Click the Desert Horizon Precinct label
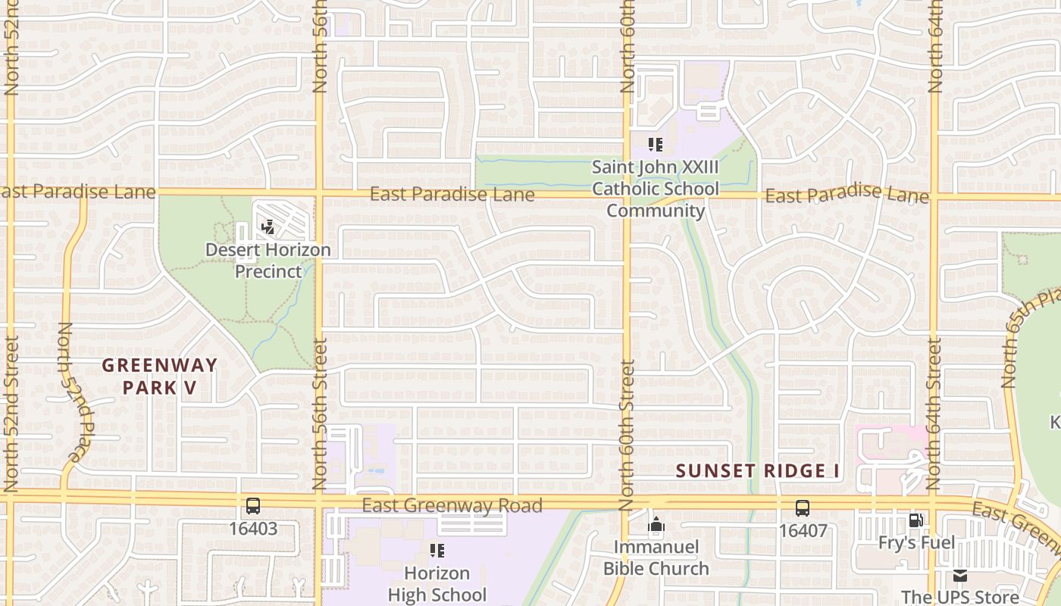point(268,260)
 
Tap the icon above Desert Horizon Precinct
point(268,226)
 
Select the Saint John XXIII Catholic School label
point(655,188)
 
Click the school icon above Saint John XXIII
point(656,144)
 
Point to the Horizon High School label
point(437,583)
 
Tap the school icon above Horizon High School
point(437,550)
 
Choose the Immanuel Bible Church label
point(656,557)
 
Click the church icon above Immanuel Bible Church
point(656,524)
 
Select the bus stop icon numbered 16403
point(253,506)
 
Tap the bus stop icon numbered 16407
point(803,508)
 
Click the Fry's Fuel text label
point(916,542)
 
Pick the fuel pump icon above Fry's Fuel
point(916,520)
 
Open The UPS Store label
point(959,596)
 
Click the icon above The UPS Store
point(960,575)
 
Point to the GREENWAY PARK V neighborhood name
point(160,376)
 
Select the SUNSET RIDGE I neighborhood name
point(757,470)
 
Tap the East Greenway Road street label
point(452,505)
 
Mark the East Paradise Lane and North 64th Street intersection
point(934,197)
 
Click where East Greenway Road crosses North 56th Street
point(319,501)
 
